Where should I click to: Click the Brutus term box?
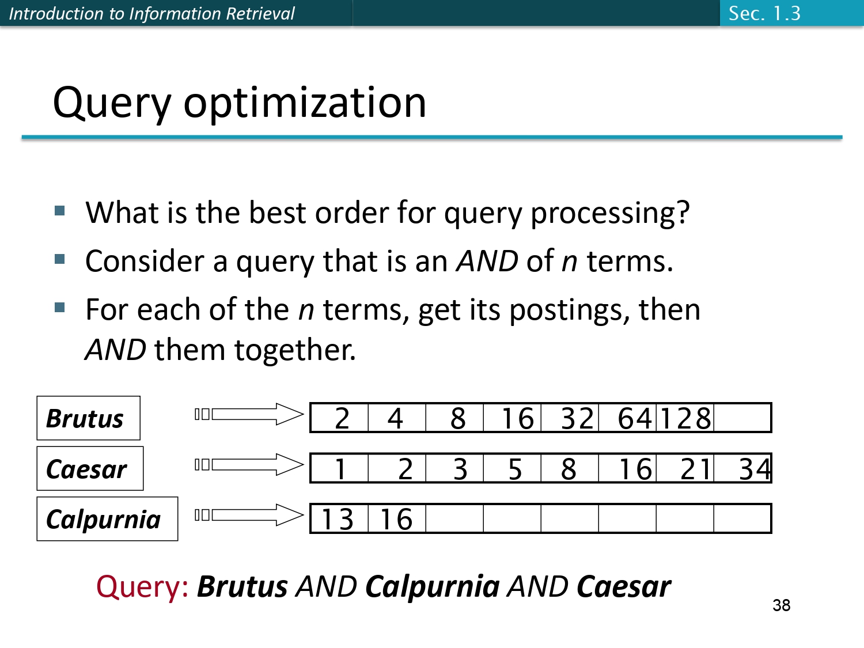point(88,418)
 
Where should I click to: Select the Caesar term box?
point(90,469)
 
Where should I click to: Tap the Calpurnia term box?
point(107,519)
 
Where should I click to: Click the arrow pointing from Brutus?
point(257,414)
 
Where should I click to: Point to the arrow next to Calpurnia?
point(257,515)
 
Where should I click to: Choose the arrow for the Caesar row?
point(257,465)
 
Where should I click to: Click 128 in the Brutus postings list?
point(685,418)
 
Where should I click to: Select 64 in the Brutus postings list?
point(634,418)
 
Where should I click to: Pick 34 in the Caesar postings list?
point(754,469)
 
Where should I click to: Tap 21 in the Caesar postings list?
point(695,469)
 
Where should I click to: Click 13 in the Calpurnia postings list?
point(338,519)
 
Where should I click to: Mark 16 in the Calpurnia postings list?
point(396,519)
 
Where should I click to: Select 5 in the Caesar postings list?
point(515,469)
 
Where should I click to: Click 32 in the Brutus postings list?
point(577,418)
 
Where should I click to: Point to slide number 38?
point(781,605)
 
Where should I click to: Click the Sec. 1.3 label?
point(764,13)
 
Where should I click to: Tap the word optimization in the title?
point(305,103)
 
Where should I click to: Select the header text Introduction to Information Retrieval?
point(151,13)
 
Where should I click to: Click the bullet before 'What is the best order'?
point(60,210)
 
